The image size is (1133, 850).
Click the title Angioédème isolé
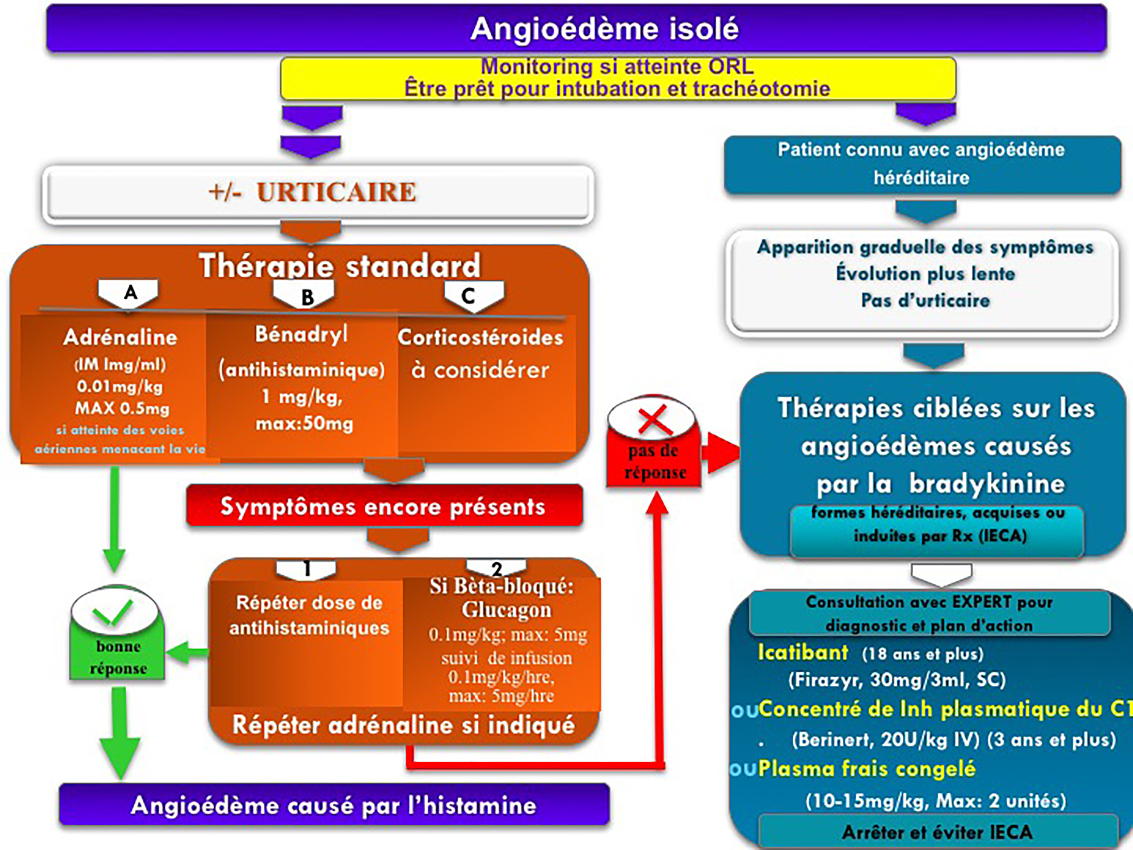tap(604, 29)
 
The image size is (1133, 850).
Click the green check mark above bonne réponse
tap(113, 612)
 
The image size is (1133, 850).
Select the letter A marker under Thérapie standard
tap(130, 292)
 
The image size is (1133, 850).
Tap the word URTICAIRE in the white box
tap(336, 193)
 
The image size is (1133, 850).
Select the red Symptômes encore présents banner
tap(383, 507)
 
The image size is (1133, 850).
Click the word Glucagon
tap(506, 610)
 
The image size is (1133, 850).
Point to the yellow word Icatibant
tap(803, 653)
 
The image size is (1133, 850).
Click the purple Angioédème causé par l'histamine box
tap(334, 805)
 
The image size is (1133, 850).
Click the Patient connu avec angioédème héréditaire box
tap(922, 164)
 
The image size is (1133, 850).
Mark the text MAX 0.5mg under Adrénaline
tap(122, 409)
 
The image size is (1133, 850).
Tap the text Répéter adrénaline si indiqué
tap(404, 725)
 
